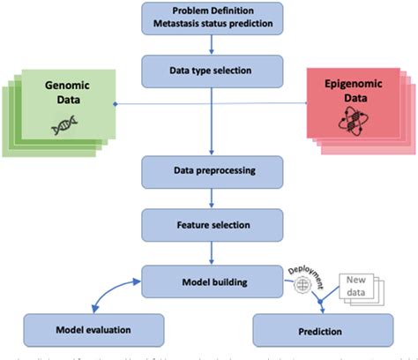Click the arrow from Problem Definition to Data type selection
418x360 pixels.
pyautogui.click(x=209, y=45)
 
